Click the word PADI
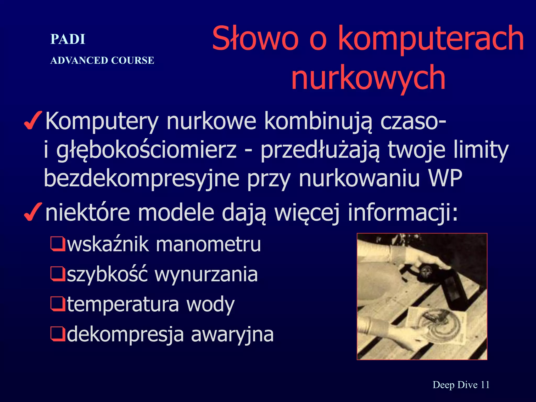tap(68, 40)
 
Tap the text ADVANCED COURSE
tap(102, 60)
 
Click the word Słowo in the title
tap(255, 38)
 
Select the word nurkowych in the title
tap(368, 77)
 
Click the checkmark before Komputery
tap(33, 121)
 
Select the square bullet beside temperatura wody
tap(58, 304)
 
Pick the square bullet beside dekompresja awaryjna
tap(58, 334)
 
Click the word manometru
tap(208, 244)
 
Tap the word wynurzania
tap(206, 275)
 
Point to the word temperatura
tap(123, 305)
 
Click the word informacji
tap(403, 213)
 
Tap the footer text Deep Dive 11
tap(461, 385)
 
